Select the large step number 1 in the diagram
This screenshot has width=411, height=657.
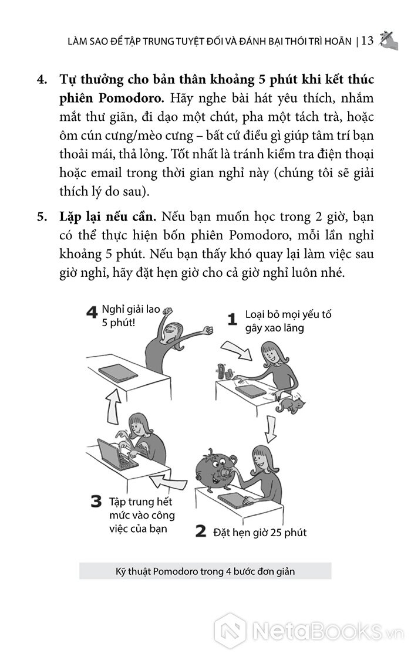[233, 319]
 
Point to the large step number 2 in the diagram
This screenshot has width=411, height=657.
[201, 531]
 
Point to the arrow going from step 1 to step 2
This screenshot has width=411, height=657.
[271, 429]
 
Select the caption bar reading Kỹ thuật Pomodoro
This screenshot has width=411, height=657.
[205, 571]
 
